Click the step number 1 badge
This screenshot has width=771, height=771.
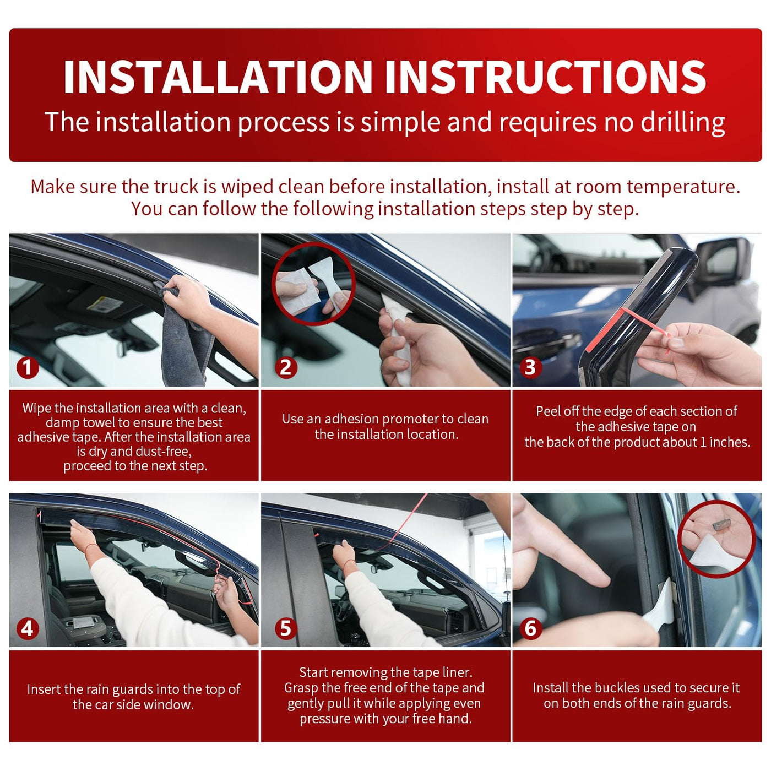coord(28,367)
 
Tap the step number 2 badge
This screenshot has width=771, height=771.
coord(286,367)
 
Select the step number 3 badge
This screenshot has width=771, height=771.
coord(530,367)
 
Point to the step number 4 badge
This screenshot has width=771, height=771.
coord(28,628)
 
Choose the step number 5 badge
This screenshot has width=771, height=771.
coord(286,628)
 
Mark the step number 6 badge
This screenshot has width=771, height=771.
coord(530,628)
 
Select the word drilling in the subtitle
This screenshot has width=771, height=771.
coord(683,122)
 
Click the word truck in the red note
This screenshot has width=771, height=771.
coord(176,187)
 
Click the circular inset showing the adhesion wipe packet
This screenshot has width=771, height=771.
coord(313,284)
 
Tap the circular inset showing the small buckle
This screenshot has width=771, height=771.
coord(717,539)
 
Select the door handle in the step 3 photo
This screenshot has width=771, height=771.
coord(547,340)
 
